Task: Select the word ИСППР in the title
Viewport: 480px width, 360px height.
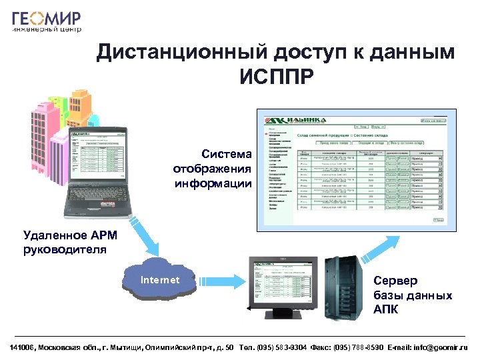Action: tap(275, 78)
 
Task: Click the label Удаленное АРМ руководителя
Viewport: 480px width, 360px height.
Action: tap(65, 242)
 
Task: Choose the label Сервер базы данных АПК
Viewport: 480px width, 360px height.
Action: tap(413, 295)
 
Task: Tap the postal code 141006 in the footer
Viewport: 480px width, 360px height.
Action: tap(23, 347)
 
